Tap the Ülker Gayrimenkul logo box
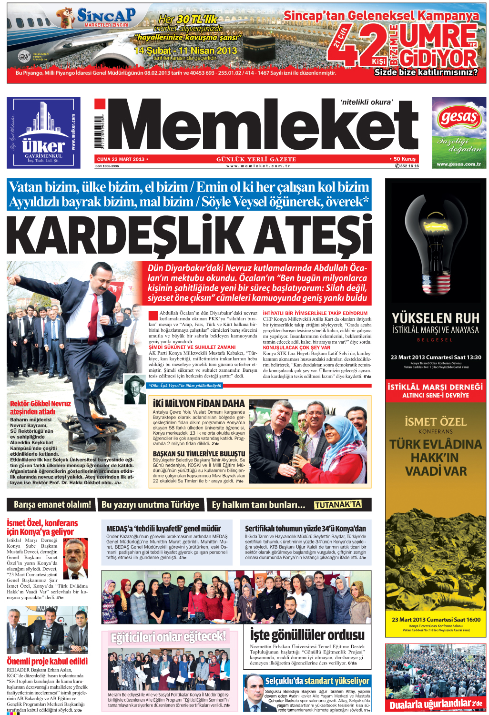pyautogui.click(x=43, y=133)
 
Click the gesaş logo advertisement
pyautogui.click(x=459, y=133)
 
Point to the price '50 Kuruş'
pyautogui.click(x=404, y=159)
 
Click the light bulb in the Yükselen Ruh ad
pyautogui.click(x=436, y=238)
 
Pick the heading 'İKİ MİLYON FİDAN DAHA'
pyautogui.click(x=199, y=403)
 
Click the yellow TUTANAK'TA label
pyautogui.click(x=337, y=505)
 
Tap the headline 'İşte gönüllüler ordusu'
pyautogui.click(x=307, y=635)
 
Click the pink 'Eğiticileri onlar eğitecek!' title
pyautogui.click(x=168, y=637)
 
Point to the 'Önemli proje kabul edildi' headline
pyautogui.click(x=47, y=661)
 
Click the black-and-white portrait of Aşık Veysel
pyautogui.click(x=135, y=388)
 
